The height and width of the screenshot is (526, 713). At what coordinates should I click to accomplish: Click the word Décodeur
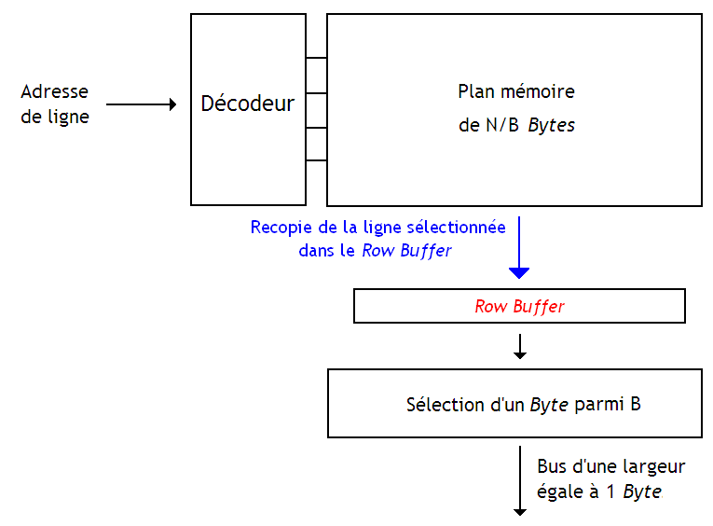click(247, 104)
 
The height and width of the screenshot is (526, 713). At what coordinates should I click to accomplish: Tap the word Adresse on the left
click(54, 91)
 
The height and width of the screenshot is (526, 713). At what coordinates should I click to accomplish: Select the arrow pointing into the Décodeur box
click(141, 104)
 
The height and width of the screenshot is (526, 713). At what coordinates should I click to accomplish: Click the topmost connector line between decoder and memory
click(316, 59)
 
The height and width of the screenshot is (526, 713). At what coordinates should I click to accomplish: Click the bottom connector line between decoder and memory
click(316, 160)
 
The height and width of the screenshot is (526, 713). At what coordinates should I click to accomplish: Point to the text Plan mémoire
click(515, 92)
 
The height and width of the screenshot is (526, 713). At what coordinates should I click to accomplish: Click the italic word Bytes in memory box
click(551, 125)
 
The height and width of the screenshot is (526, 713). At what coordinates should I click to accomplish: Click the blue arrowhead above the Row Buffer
click(519, 272)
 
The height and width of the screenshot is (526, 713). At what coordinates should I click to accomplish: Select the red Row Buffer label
click(519, 306)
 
